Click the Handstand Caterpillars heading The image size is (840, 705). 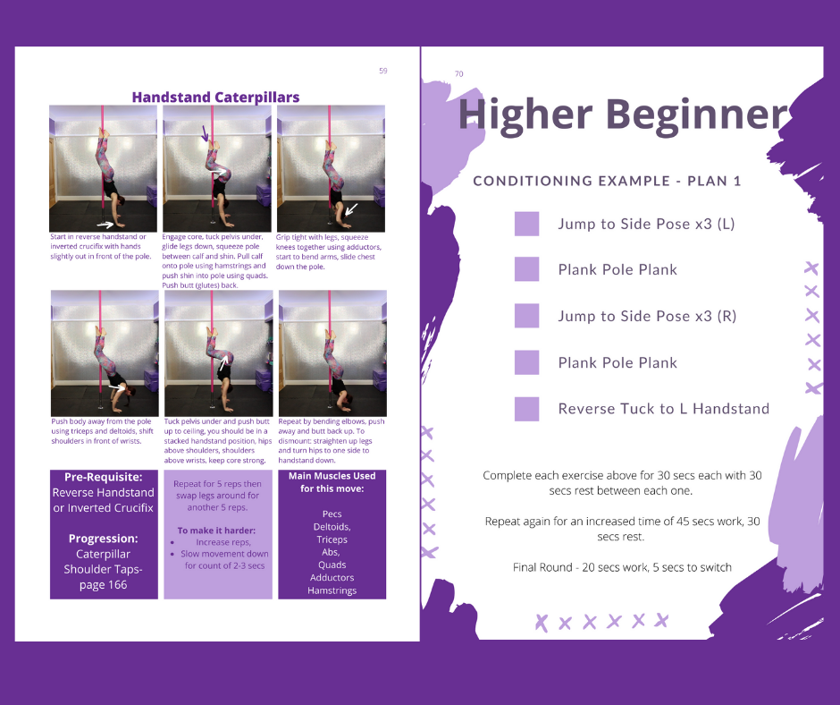point(215,98)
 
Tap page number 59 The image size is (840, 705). point(383,71)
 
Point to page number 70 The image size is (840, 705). point(459,74)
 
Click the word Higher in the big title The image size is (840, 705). point(525,115)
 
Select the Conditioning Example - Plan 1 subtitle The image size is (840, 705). point(607,181)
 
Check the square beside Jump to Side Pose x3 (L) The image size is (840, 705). point(526,224)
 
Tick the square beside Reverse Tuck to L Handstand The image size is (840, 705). point(526,409)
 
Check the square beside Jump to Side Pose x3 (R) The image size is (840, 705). point(526,316)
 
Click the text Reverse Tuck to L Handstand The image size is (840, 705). point(664,409)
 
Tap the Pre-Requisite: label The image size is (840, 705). point(104,477)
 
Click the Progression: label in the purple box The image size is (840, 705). point(104,539)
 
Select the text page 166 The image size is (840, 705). point(104,585)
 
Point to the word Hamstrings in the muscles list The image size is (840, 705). point(332,590)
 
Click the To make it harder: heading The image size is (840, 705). point(216,531)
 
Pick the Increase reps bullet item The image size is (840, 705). point(223,542)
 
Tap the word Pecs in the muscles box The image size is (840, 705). point(332,514)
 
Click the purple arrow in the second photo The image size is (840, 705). point(206,133)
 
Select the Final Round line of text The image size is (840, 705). point(622,567)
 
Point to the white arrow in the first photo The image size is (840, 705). point(105,225)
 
